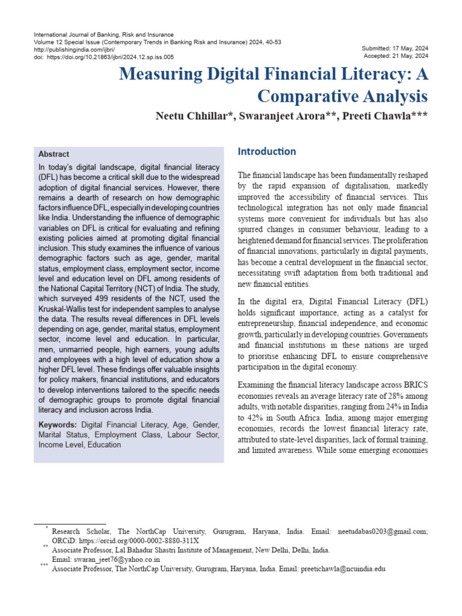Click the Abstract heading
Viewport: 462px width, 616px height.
(x=54, y=154)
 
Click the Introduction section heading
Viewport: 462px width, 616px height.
(x=266, y=151)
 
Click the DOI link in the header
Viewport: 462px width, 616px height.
(x=110, y=57)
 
